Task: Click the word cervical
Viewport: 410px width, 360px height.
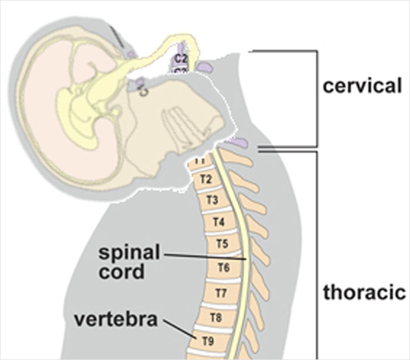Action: pyautogui.click(x=363, y=86)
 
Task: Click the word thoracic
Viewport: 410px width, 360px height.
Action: pyautogui.click(x=364, y=291)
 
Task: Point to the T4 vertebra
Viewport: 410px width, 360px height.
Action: pyautogui.click(x=217, y=222)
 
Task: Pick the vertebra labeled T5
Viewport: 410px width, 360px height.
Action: pyautogui.click(x=221, y=243)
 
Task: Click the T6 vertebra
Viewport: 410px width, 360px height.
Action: pyautogui.click(x=223, y=268)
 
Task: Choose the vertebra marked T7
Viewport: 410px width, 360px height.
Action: pyautogui.click(x=221, y=292)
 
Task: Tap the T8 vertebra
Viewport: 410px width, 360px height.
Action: pyautogui.click(x=216, y=318)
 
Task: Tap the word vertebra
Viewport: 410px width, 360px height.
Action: pyautogui.click(x=117, y=320)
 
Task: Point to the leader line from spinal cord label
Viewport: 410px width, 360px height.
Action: pyautogui.click(x=205, y=257)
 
